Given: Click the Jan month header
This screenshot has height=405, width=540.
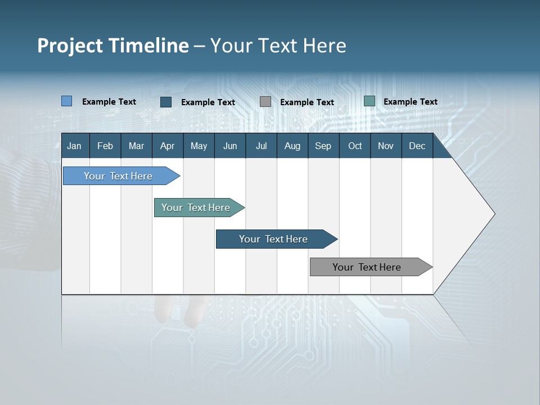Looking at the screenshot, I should [x=74, y=146].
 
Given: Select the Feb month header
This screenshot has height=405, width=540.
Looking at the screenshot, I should [x=105, y=146].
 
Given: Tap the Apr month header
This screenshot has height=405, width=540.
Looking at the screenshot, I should [x=167, y=146].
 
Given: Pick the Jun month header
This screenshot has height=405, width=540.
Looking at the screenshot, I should [x=230, y=146].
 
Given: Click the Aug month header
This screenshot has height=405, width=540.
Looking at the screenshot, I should [x=292, y=146].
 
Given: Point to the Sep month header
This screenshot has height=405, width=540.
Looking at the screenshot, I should [x=323, y=146].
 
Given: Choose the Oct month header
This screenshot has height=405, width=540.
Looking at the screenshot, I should [x=355, y=146].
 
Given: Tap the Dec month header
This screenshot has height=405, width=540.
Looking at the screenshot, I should [x=417, y=146].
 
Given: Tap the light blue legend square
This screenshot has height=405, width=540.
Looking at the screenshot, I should [x=67, y=101].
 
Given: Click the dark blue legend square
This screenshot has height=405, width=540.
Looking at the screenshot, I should [x=166, y=102].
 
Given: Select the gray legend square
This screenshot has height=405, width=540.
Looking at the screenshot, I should [x=265, y=102].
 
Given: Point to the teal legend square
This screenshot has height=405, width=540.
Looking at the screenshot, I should [x=369, y=101].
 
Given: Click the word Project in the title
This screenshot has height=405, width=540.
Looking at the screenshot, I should [x=70, y=46].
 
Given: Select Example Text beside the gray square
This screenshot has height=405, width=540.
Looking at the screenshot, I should [x=307, y=102].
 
